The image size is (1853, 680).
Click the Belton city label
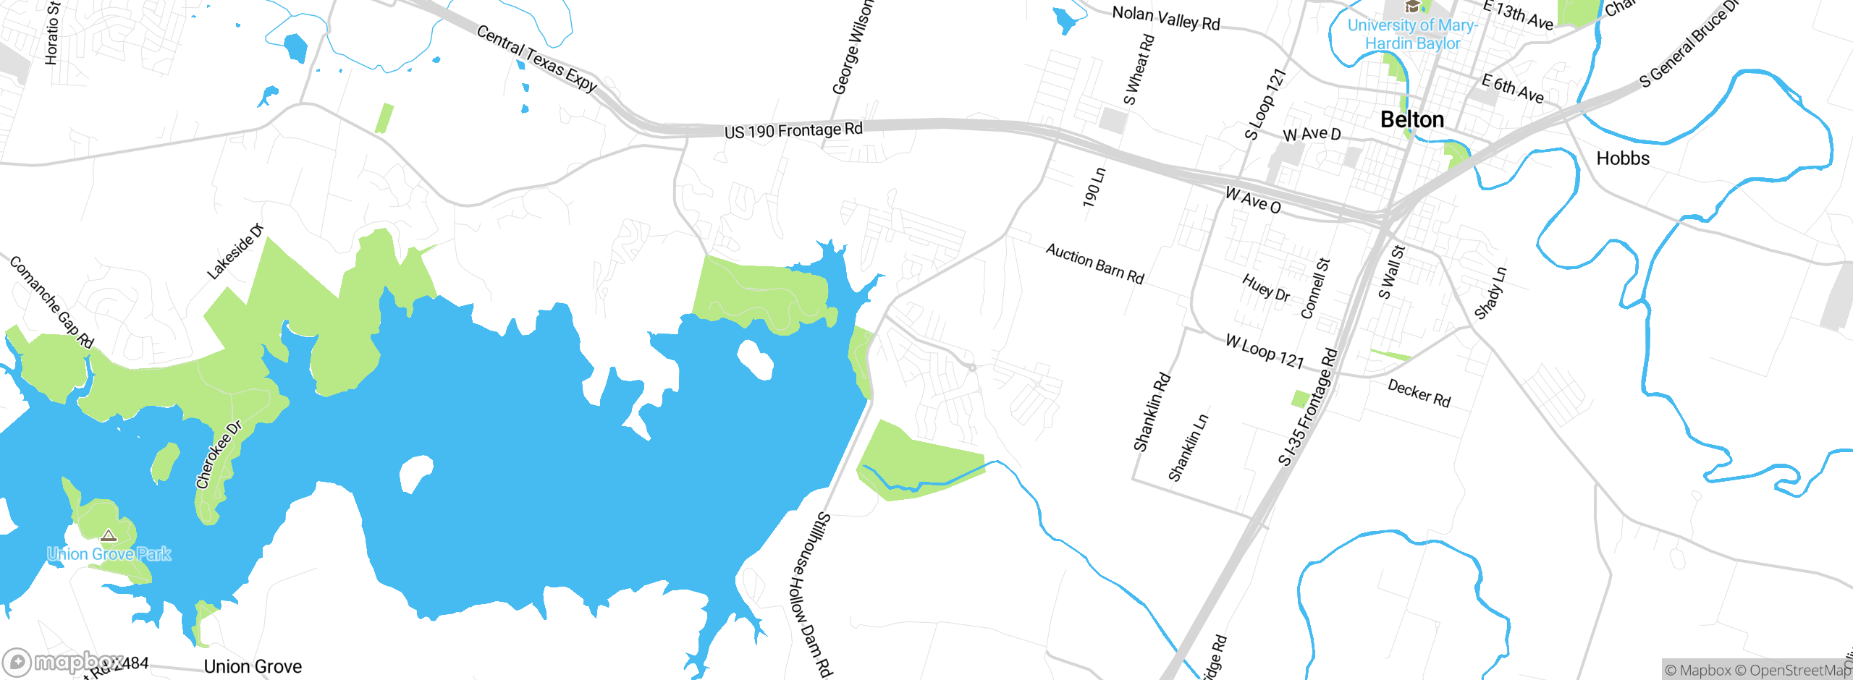[1411, 119]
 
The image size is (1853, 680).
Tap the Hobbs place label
[1623, 158]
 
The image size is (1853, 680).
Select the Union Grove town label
[253, 666]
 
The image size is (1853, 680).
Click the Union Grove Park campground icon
[109, 536]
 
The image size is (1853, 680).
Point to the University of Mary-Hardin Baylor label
[1412, 34]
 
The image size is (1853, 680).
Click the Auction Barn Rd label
[1094, 264]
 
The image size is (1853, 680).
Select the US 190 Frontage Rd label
[793, 130]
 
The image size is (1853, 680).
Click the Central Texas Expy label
[536, 58]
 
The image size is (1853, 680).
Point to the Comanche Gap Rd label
[51, 302]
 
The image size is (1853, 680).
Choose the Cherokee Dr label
[219, 454]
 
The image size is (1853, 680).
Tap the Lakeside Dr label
[235, 252]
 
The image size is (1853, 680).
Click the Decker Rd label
[1419, 394]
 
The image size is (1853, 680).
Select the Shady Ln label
[1490, 293]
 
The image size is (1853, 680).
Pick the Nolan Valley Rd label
[1165, 18]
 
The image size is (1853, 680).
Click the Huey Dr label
[1265, 288]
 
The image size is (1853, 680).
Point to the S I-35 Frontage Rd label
[1308, 407]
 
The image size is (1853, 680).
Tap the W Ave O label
[1252, 200]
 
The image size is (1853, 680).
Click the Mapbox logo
[64, 662]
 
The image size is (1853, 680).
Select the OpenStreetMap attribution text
[1800, 671]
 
